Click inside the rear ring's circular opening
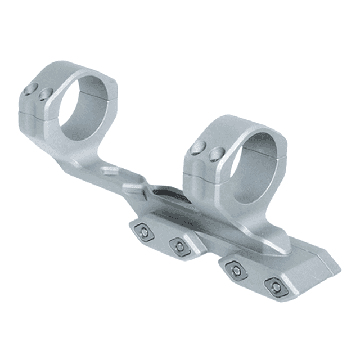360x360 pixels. [84, 104]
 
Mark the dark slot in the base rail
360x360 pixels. [169, 194]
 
